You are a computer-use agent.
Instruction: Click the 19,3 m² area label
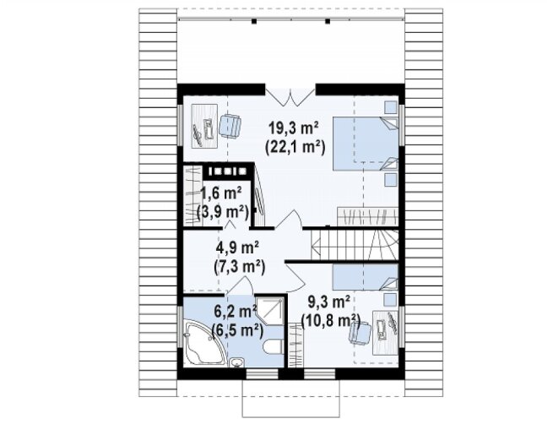click(x=294, y=128)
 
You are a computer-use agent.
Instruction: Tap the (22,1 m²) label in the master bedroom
click(x=295, y=146)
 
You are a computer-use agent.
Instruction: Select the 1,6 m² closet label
click(x=220, y=193)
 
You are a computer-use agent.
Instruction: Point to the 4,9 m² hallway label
click(x=238, y=247)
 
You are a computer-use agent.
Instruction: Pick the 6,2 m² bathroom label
click(x=236, y=312)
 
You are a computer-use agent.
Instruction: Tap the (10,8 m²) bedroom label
click(x=330, y=321)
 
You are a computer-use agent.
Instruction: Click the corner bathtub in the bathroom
click(x=203, y=345)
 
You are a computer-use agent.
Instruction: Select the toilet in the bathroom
click(x=273, y=347)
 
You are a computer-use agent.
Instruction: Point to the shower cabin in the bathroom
click(x=269, y=312)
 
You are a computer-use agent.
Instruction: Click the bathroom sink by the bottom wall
click(x=236, y=362)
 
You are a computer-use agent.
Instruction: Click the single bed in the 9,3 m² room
click(x=366, y=277)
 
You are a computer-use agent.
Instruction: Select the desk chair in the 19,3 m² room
click(x=230, y=124)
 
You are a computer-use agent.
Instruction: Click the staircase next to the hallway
click(x=355, y=245)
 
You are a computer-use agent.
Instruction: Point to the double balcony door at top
click(x=290, y=96)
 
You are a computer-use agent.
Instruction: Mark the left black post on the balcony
click(x=253, y=21)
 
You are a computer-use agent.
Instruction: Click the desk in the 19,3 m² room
click(x=204, y=126)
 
